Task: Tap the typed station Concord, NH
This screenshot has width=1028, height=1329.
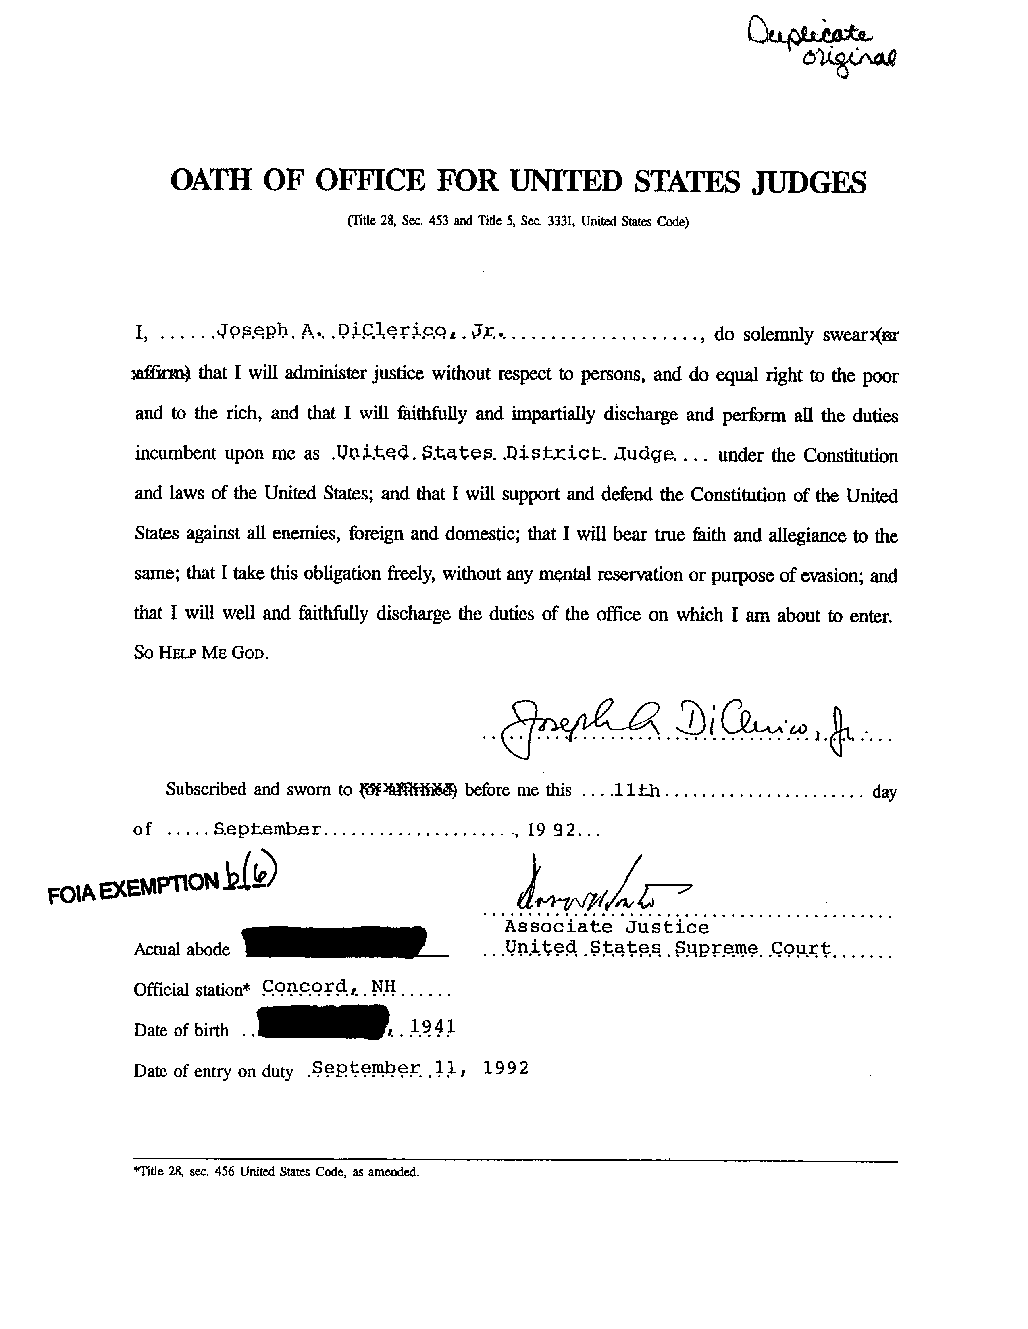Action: point(329,986)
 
